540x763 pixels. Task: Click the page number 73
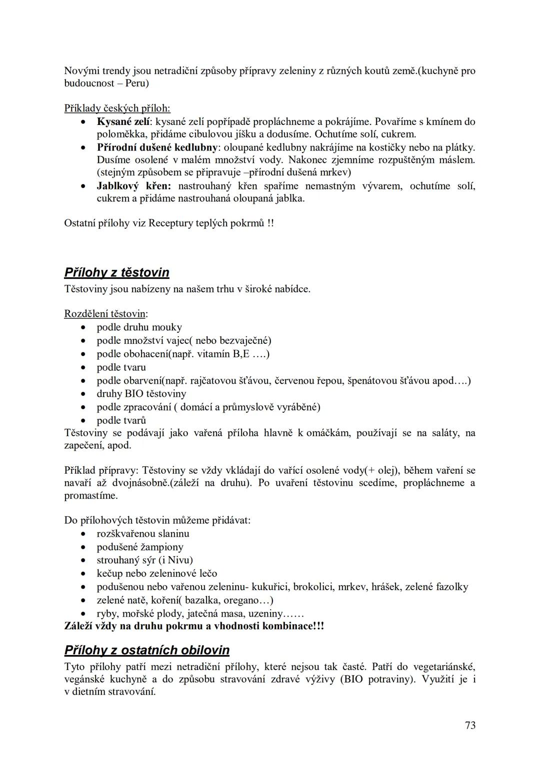pos(470,726)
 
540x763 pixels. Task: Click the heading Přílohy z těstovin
pos(116,273)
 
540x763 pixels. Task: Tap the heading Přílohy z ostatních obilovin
pos(146,651)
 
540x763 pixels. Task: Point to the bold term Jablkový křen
pos(133,186)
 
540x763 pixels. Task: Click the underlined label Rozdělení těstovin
pos(105,314)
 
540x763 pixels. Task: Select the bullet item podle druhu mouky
pos(139,328)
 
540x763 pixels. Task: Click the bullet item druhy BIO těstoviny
pos(141,394)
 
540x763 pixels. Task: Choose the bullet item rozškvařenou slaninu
pos(143,534)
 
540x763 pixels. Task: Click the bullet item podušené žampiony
pos(140,547)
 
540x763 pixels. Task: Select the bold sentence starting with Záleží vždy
pos(194,626)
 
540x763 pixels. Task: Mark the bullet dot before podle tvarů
pos(84,421)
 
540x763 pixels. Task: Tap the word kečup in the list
pos(109,574)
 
